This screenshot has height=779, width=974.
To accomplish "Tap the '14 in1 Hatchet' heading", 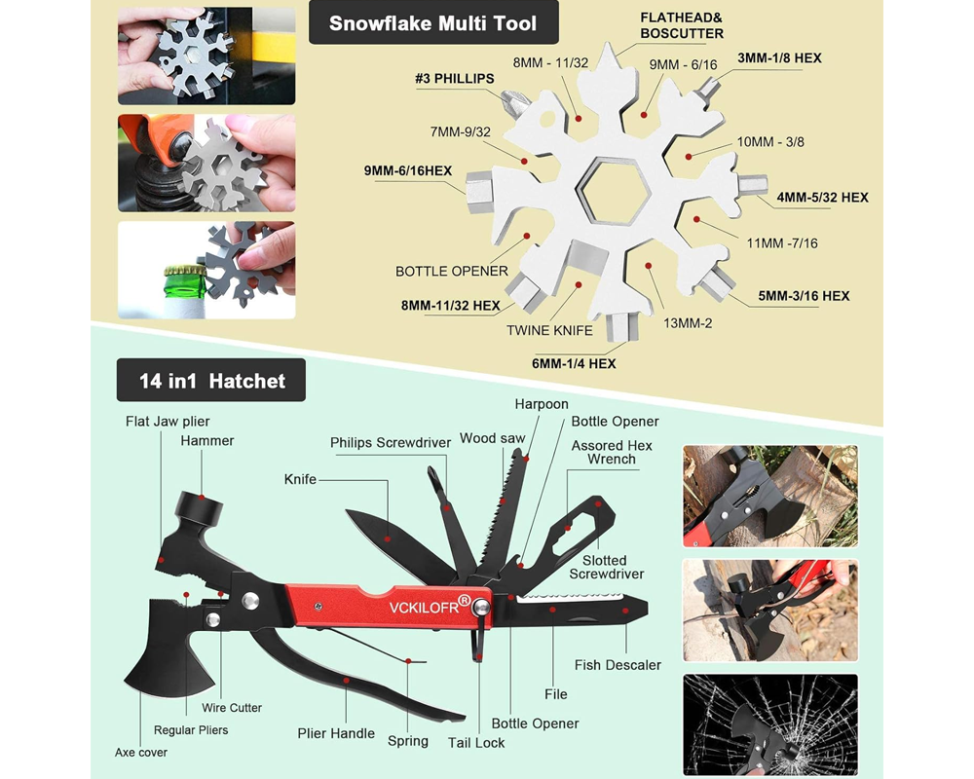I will point(211,380).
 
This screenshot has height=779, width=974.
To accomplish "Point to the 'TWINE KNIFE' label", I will point(549,330).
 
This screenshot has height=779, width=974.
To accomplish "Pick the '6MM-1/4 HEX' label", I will point(574,363).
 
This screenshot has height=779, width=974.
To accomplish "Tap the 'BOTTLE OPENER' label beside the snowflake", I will point(452,271).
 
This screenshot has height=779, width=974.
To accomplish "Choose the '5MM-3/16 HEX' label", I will point(804,296).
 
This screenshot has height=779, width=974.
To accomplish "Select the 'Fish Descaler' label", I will point(618,665).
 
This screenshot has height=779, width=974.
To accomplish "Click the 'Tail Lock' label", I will point(476,742).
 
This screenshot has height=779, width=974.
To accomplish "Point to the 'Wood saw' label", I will point(492,438).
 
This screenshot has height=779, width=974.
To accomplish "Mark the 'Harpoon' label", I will point(542,403).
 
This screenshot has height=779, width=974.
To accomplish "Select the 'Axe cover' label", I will point(141,752).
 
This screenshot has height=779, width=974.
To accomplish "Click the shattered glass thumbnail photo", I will point(769,724).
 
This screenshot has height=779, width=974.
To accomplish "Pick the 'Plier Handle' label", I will point(336,733).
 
